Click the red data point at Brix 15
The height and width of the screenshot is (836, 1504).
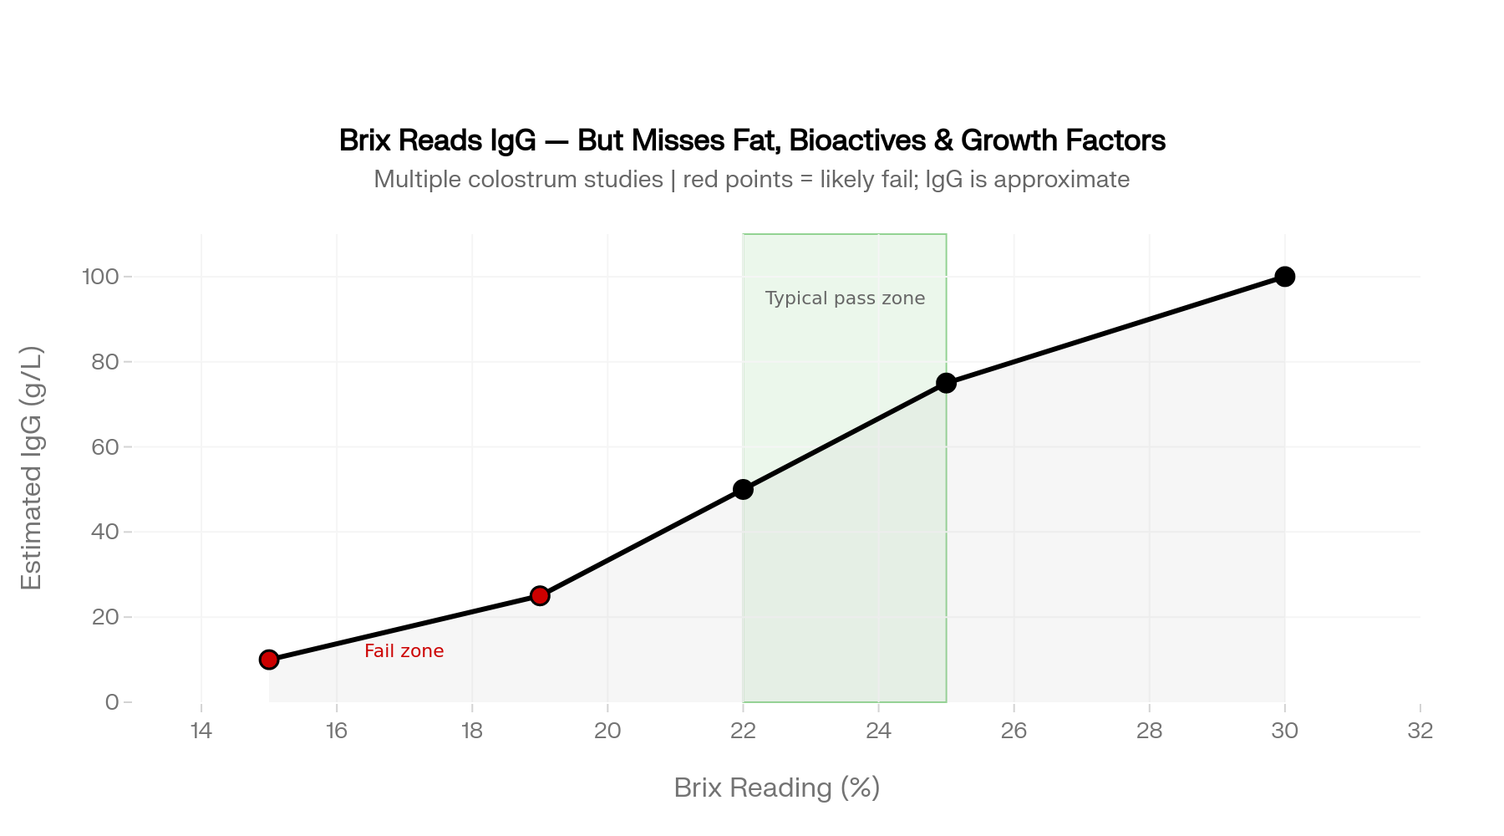269,660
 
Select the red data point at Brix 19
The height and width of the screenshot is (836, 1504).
540,595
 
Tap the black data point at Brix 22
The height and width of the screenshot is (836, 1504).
743,489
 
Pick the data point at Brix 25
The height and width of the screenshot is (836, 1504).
946,383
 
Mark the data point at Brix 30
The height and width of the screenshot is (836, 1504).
1285,277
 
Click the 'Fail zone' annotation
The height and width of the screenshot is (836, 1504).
404,651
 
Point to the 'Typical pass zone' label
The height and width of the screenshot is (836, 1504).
845,298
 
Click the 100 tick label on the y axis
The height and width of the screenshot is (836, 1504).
100,277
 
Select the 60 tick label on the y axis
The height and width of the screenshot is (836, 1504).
105,447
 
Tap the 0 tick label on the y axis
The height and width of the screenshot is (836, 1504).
112,702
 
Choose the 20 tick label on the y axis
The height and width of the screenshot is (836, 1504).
105,617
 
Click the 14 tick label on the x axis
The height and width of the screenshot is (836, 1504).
201,731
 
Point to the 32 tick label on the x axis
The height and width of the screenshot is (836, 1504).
1420,731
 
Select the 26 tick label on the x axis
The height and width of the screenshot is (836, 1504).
1014,731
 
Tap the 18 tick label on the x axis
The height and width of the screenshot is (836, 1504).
472,731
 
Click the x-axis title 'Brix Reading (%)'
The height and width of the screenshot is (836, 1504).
777,788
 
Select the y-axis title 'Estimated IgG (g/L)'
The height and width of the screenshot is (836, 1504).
31,468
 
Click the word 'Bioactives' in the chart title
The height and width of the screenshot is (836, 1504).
857,140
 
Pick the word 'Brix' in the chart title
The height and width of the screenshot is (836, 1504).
365,140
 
